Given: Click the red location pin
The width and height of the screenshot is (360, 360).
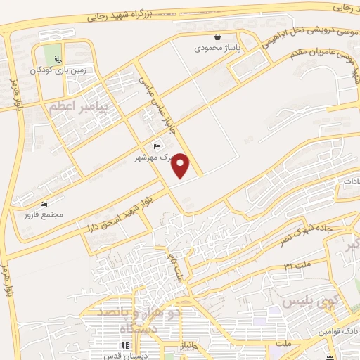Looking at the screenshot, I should pyautogui.click(x=181, y=165).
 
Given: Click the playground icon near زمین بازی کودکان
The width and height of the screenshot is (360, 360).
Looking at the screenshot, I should pyautogui.click(x=57, y=58).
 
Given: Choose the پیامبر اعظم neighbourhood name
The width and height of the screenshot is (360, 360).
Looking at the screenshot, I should pyautogui.click(x=77, y=106).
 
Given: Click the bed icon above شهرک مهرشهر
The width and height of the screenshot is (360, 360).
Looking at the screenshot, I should pyautogui.click(x=156, y=146).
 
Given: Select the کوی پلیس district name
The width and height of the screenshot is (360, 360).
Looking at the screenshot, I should pyautogui.click(x=307, y=302).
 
